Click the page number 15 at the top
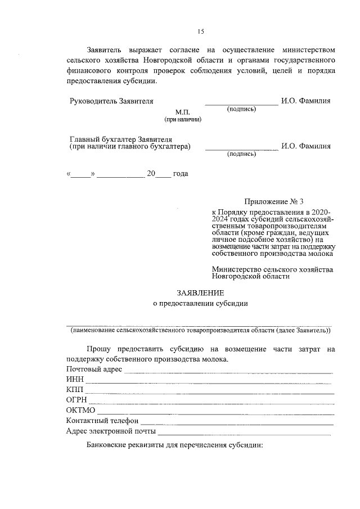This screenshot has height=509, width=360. point(200,31)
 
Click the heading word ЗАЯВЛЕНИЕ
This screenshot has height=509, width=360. point(200,292)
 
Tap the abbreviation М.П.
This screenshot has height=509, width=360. point(183,112)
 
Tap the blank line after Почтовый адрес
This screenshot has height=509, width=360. point(228,372)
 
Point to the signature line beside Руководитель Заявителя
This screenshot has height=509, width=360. point(241,104)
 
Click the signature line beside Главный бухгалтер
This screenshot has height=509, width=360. point(241,149)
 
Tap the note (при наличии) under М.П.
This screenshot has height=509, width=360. point(183,120)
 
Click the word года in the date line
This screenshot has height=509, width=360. point(181,174)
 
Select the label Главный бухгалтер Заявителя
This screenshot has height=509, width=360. point(120,138)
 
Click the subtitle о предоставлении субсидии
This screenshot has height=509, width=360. point(200,304)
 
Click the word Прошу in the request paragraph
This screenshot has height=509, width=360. point(99,349)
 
